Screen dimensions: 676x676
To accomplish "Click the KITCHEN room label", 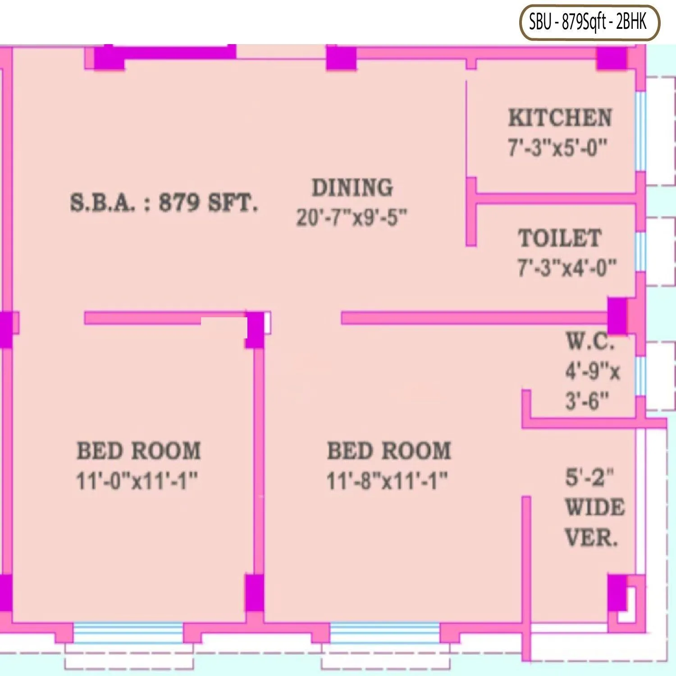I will click(x=560, y=118).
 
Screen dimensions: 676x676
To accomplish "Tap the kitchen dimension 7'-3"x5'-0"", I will click(x=558, y=147).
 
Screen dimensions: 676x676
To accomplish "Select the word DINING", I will click(x=352, y=187).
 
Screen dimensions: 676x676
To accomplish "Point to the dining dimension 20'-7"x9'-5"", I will click(x=352, y=218).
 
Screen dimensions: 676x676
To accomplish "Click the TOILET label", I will click(x=560, y=238).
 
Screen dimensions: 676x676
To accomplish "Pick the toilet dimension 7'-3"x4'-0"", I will click(x=566, y=268).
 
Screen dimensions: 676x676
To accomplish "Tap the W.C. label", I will click(x=590, y=341).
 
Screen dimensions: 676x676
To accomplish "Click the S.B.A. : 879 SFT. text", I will click(x=164, y=203).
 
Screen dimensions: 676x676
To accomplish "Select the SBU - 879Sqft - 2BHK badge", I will click(x=589, y=22).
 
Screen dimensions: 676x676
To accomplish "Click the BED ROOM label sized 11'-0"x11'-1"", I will click(x=139, y=451).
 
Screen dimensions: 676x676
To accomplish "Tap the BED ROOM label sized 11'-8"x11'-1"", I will click(x=388, y=451).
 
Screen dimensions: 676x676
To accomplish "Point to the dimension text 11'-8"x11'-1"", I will click(x=387, y=481).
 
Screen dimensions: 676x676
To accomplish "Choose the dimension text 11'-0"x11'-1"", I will click(x=137, y=481).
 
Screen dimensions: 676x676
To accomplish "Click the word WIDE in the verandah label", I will click(x=595, y=508).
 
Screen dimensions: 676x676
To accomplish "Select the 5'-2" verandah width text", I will click(x=589, y=477).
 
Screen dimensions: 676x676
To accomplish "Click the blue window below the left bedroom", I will click(x=128, y=632).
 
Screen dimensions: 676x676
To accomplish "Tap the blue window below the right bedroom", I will click(x=385, y=632).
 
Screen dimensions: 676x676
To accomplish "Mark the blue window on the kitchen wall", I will click(x=640, y=131).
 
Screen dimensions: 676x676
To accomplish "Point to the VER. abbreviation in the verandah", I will click(x=591, y=538).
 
